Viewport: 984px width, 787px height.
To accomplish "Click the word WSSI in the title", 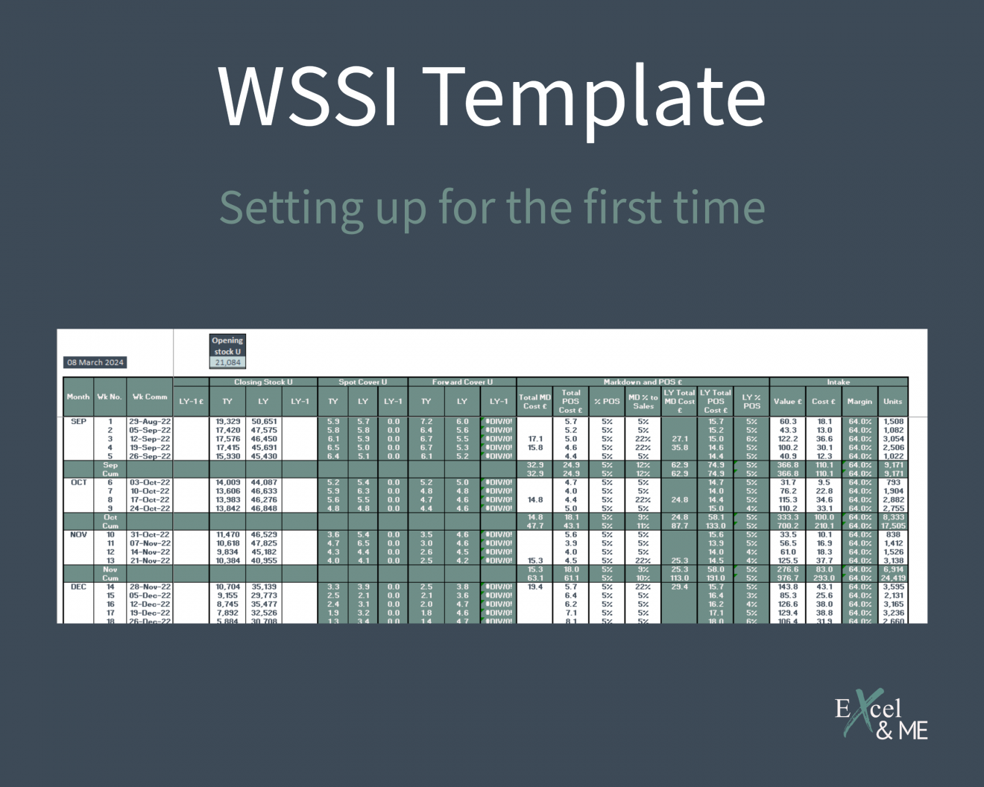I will click(x=309, y=95).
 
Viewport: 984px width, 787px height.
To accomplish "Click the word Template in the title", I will click(x=598, y=95).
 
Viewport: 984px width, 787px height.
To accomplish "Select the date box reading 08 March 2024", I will click(x=95, y=363).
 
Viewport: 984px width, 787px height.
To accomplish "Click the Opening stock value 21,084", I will click(x=227, y=363).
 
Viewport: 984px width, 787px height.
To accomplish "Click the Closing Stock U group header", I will click(x=263, y=382).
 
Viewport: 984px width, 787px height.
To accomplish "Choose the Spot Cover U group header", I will click(x=363, y=382).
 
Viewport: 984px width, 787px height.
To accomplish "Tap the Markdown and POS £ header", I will click(x=643, y=382).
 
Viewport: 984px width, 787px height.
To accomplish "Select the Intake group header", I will click(x=839, y=382).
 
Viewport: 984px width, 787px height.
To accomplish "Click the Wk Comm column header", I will click(x=150, y=397).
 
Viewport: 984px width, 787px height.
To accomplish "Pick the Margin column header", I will click(x=860, y=402).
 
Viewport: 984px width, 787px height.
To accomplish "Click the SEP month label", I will click(x=78, y=422).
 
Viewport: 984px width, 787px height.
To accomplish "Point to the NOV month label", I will click(x=78, y=535).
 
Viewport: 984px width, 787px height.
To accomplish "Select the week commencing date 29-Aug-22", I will click(x=150, y=422).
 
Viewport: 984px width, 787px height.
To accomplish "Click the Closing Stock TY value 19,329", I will click(x=227, y=422).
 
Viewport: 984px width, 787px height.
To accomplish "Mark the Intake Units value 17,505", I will click(x=893, y=526).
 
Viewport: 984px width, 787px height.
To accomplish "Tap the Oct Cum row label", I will click(x=110, y=522).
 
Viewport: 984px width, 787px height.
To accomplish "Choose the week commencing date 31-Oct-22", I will click(x=150, y=535).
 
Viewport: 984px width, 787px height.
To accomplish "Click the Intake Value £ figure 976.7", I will click(x=788, y=578).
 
